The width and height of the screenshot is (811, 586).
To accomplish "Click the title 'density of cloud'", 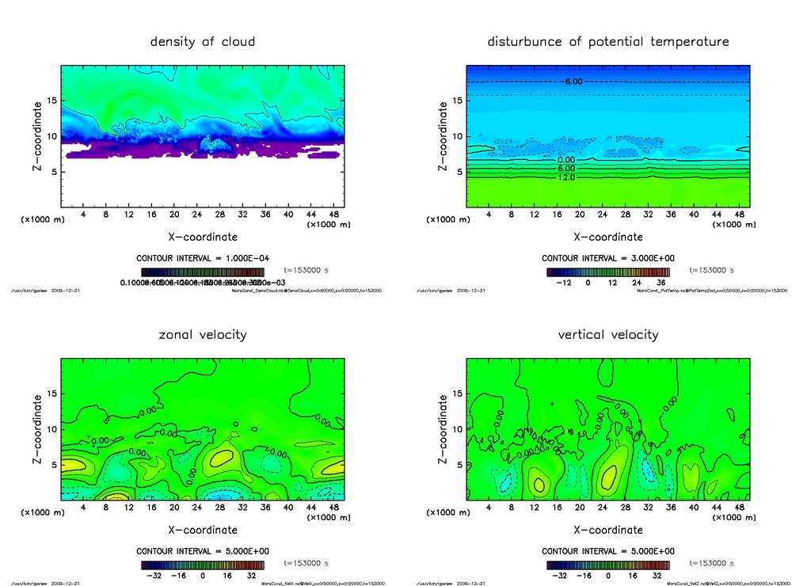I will (x=203, y=41).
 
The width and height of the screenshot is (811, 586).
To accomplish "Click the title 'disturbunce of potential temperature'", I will (x=608, y=41).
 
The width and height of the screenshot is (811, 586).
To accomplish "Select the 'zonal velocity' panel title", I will (x=203, y=334).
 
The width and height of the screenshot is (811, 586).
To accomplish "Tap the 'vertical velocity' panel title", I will (x=608, y=334).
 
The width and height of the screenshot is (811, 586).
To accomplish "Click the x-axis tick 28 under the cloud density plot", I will (x=219, y=215).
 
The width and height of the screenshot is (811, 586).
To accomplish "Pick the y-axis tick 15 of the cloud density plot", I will (x=53, y=101).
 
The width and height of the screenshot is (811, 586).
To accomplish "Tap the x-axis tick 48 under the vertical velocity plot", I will (x=738, y=508).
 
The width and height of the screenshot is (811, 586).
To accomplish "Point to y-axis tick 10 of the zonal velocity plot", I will (x=53, y=429).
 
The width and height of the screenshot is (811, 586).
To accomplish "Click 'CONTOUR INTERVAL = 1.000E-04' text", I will (x=203, y=258).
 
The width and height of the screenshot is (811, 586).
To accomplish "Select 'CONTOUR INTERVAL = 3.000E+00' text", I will (x=608, y=258).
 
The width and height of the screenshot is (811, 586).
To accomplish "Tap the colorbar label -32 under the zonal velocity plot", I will (x=155, y=575).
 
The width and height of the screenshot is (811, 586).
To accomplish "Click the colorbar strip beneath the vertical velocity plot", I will (x=608, y=565).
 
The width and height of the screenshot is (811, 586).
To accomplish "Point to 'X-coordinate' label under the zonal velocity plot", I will (x=203, y=530).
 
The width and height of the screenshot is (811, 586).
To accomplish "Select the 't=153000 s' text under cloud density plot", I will (x=306, y=270).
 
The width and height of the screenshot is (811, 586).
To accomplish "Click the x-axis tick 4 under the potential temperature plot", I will (x=489, y=215).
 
